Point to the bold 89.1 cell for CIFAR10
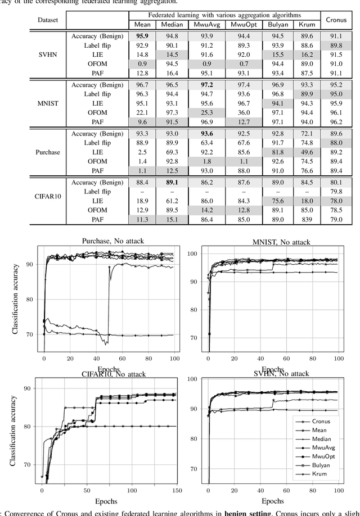[173, 183]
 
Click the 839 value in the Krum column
[307, 219]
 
